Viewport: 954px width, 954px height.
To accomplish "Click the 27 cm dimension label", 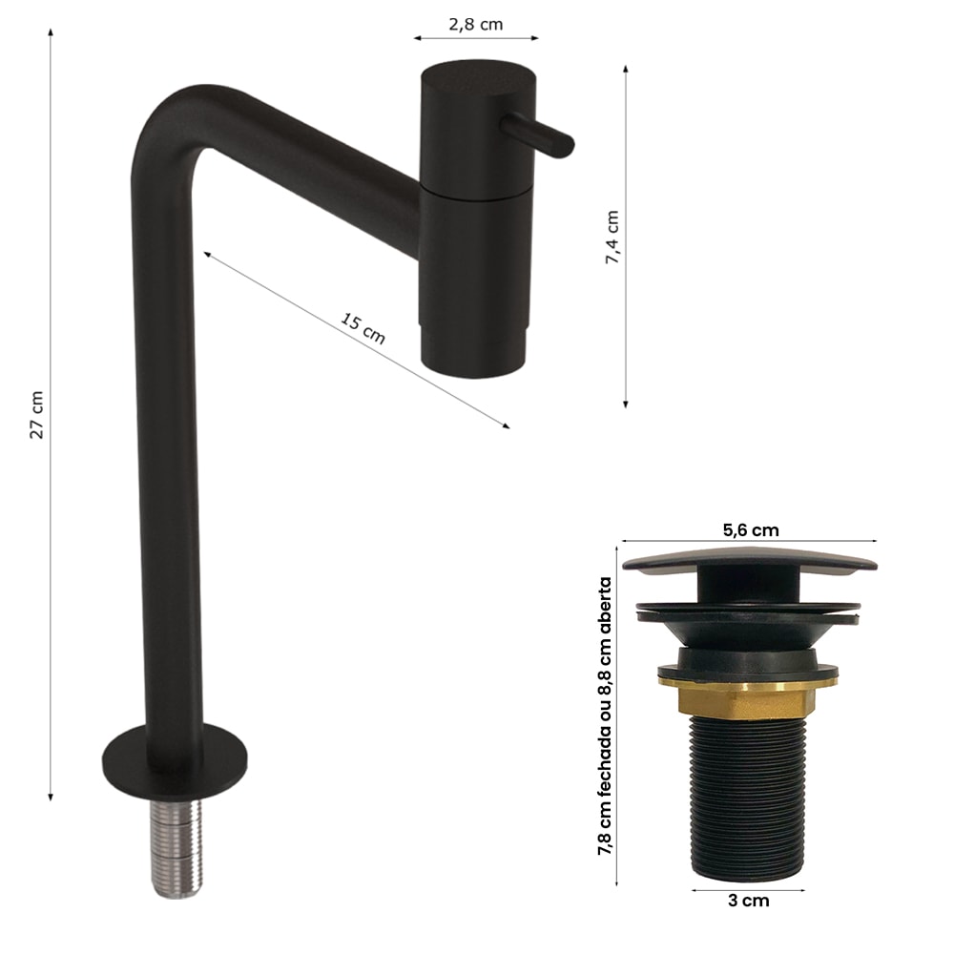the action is tap(37, 414).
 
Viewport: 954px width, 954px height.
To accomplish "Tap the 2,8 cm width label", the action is tap(476, 25).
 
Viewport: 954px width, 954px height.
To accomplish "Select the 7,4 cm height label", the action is tap(612, 238).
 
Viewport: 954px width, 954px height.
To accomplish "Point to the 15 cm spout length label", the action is tap(363, 328).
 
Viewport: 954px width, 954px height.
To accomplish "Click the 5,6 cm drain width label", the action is tap(751, 529).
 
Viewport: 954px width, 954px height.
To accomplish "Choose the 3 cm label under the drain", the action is tap(748, 901).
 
